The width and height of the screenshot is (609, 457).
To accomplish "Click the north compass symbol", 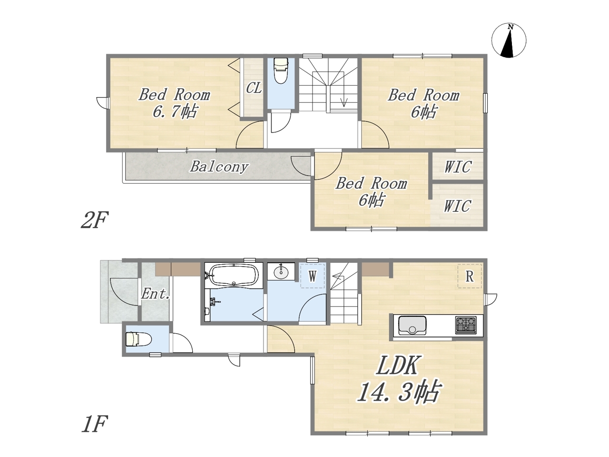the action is (x=509, y=41).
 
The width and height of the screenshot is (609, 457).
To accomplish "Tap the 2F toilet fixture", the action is (x=281, y=70).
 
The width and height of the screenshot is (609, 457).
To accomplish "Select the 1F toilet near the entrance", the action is (x=138, y=339).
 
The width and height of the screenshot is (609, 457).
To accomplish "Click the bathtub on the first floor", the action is (x=234, y=274).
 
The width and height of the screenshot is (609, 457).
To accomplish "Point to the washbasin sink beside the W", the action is (x=281, y=272).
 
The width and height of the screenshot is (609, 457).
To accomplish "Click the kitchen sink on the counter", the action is (x=413, y=326).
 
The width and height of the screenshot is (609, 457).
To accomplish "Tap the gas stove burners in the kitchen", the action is (x=466, y=325).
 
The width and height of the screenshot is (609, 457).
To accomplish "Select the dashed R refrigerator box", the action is (x=470, y=276).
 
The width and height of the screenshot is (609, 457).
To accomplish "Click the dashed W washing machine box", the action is (x=313, y=276).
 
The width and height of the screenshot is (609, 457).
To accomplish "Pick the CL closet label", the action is (x=254, y=88).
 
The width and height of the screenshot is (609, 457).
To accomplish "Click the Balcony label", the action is (x=219, y=167).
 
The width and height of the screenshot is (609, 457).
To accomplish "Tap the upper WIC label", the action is (x=458, y=167).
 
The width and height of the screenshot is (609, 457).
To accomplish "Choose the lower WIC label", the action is (x=457, y=206).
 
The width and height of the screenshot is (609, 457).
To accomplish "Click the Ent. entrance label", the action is (x=156, y=294).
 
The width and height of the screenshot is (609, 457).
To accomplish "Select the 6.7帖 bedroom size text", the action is (x=175, y=111).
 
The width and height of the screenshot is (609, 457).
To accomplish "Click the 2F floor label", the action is (x=94, y=220).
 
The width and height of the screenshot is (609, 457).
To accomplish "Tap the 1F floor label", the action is (x=94, y=424).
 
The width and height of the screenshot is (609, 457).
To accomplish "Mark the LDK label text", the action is (x=397, y=366).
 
